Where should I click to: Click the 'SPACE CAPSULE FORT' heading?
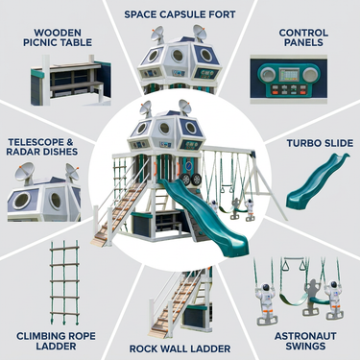click(180, 14)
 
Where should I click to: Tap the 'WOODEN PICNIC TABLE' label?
click(58, 37)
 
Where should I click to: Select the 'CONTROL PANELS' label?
click(303, 37)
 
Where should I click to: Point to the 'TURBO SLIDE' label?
click(320, 143)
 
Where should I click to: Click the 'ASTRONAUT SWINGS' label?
click(305, 341)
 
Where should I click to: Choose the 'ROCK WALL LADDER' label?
click(180, 348)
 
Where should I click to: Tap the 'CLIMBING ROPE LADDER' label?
click(56, 341)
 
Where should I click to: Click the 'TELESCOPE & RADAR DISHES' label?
click(42, 147)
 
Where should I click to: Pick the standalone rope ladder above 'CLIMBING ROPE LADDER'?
click(64, 281)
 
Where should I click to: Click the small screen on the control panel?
click(289, 75)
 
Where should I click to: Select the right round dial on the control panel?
click(310, 75)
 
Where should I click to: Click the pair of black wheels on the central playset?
click(190, 180)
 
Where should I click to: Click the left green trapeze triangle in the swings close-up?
click(284, 265)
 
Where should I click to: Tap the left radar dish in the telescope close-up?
click(24, 171)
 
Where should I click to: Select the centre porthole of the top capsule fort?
click(177, 56)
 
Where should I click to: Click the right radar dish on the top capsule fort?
click(199, 33)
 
